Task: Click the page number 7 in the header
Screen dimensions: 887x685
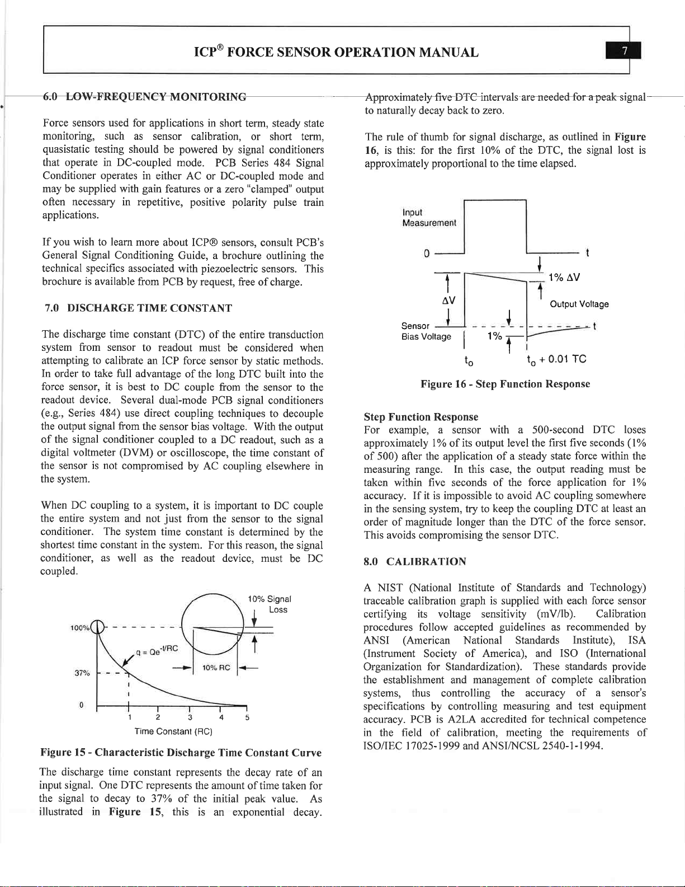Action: [x=625, y=52]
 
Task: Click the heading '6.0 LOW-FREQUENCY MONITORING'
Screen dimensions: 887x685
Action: [x=145, y=97]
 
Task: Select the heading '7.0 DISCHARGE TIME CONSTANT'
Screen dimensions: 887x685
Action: [x=138, y=308]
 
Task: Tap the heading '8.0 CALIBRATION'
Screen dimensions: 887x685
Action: [x=415, y=561]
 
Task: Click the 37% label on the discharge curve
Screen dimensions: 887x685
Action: [x=82, y=673]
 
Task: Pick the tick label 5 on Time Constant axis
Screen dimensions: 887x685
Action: [x=247, y=717]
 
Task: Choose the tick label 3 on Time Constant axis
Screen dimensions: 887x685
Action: [x=190, y=717]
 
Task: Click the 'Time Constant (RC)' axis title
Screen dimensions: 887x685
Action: [x=173, y=731]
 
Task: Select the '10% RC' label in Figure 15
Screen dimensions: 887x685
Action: [x=216, y=668]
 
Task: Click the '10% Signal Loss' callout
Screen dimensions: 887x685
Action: [x=270, y=604]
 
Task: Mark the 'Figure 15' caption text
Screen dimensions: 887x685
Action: [x=181, y=753]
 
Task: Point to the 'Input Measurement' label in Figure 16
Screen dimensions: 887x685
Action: [x=429, y=218]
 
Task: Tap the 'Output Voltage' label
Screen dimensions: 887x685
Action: [x=579, y=304]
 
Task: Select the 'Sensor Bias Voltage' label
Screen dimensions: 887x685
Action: [x=426, y=331]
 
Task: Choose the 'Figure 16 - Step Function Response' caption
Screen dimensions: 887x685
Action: [x=505, y=384]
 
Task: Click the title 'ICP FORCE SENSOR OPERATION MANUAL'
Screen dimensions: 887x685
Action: [x=336, y=52]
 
